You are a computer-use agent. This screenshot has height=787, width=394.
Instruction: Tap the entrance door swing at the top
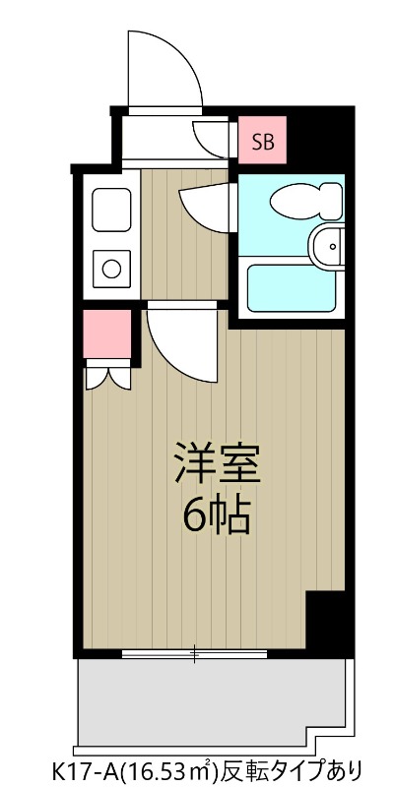(158, 69)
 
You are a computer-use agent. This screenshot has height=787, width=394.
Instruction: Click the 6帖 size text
(216, 514)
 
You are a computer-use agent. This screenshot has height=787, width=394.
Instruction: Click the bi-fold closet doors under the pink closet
(107, 376)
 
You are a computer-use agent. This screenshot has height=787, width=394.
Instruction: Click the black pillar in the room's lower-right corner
(327, 620)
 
